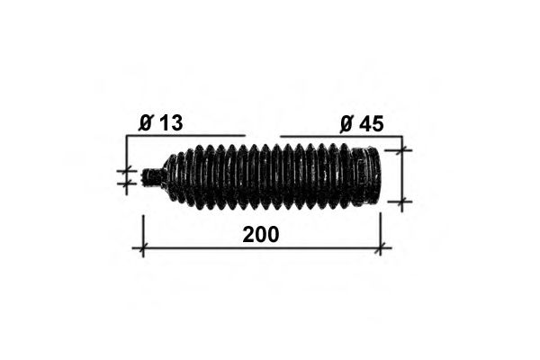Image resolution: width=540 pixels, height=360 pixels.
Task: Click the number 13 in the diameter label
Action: (171, 122)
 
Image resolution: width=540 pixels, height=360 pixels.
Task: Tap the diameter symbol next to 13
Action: (146, 123)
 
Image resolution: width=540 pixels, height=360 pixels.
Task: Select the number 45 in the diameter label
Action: (371, 124)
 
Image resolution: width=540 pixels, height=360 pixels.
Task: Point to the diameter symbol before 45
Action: (346, 124)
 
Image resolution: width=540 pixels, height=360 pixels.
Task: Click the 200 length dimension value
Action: (261, 235)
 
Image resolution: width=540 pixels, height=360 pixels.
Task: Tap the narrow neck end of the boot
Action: (151, 177)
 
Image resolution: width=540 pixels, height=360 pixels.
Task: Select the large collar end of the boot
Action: (366, 176)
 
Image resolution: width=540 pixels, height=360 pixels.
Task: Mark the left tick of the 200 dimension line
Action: (143, 247)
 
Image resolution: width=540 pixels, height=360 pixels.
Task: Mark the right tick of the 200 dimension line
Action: (380, 247)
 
